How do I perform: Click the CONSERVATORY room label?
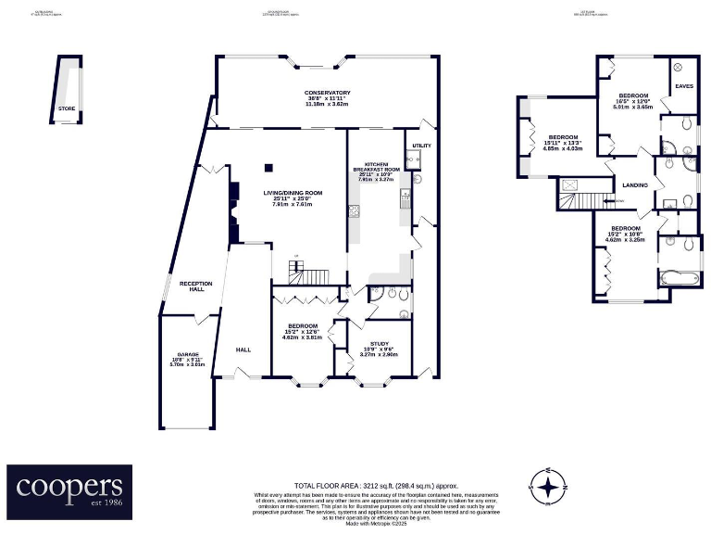coord(328,93)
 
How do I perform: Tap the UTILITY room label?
coord(421,146)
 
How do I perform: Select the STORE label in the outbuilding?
coord(66,108)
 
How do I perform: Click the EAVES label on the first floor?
coord(684,86)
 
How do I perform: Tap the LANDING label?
coord(635,184)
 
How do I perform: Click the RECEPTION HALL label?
coord(196,286)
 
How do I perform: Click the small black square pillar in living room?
coord(268,168)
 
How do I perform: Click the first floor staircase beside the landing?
coord(580,195)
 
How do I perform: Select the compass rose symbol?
coord(548,484)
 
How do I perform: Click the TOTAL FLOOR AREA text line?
coord(363,486)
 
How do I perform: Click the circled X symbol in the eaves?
coord(677,68)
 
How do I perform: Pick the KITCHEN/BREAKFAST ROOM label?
coord(375,170)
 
